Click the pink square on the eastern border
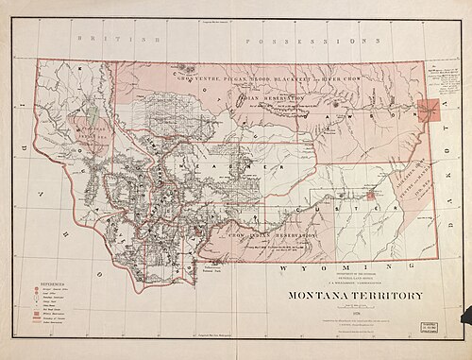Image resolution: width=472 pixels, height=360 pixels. (430, 110)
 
